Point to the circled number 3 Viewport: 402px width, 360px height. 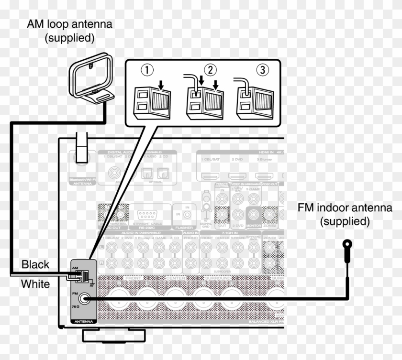262,70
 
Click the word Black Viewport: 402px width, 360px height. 35,264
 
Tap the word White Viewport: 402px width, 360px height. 35,284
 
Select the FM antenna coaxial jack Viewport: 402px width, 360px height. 86,299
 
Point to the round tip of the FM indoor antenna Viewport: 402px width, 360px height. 346,245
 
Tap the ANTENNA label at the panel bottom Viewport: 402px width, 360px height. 82,322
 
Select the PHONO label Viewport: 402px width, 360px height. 191,238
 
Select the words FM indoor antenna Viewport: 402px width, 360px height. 345,208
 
